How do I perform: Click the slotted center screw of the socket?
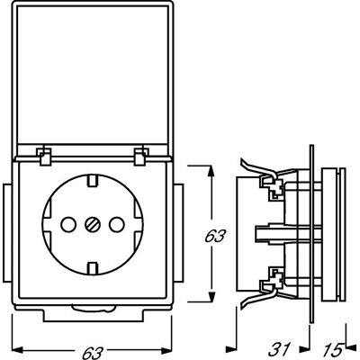[x=93, y=224]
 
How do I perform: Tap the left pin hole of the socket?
[x=68, y=224]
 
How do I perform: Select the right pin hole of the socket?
[x=117, y=224]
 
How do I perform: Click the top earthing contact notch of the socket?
[x=93, y=181]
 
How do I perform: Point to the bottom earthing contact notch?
[x=93, y=267]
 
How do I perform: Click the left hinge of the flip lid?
[x=44, y=156]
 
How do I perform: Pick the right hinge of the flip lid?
[x=141, y=156]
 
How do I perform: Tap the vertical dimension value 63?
[x=215, y=237]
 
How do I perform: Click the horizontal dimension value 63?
[x=93, y=353]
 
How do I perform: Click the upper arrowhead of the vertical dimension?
[x=211, y=172]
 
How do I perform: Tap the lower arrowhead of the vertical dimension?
[x=211, y=295]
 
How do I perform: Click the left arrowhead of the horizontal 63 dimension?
[x=18, y=350]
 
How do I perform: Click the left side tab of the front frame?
[x=7, y=233]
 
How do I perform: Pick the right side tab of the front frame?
[x=178, y=233]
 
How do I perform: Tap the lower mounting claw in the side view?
[x=264, y=292]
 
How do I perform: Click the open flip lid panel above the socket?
[x=93, y=78]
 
